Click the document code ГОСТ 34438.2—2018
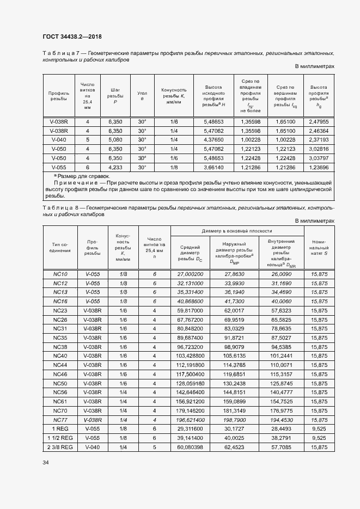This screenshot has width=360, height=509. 72,36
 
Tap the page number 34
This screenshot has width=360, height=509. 45,462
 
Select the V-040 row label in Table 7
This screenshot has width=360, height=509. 59,139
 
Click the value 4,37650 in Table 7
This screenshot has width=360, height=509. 213,139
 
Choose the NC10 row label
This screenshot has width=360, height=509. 60,274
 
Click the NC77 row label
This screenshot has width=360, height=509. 60,420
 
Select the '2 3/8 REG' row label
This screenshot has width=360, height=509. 60,447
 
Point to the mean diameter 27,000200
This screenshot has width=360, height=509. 190,274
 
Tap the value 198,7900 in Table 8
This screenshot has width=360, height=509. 234,420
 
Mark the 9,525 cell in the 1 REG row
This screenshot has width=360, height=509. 319,429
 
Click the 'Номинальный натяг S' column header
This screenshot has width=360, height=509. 318,247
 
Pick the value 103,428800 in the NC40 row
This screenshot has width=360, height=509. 190,355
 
